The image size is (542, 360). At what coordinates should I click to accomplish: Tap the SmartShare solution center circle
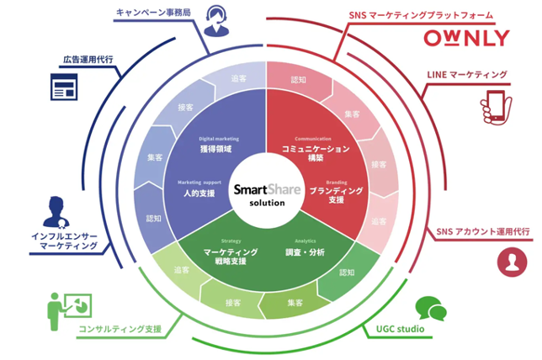tap(266, 194)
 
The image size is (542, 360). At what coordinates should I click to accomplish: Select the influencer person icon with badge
tap(56, 210)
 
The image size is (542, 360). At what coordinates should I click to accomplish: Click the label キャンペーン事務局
tap(155, 13)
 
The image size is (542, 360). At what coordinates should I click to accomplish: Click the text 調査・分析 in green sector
tap(305, 251)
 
